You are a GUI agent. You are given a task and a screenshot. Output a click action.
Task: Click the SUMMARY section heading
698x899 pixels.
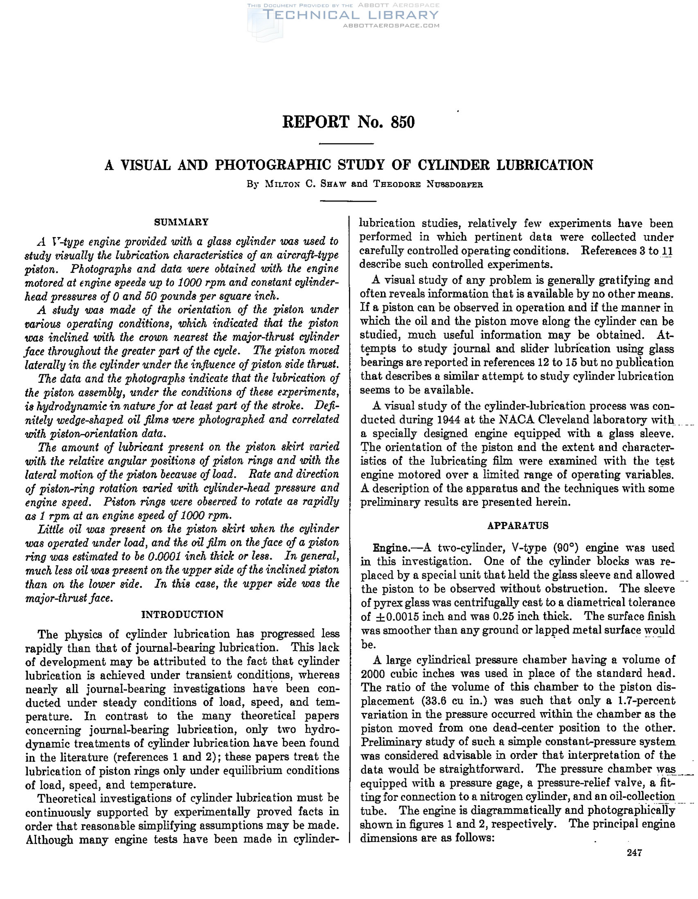[x=181, y=222]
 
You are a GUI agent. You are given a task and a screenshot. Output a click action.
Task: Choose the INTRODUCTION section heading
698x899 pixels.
[x=182, y=615]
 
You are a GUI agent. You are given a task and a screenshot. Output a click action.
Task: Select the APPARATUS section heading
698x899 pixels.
[x=518, y=526]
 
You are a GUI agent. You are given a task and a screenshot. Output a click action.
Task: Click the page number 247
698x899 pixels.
[x=634, y=852]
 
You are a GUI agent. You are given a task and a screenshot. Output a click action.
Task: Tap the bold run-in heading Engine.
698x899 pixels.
[x=391, y=548]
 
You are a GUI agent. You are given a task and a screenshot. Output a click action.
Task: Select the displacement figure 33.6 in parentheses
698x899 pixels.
[x=437, y=701]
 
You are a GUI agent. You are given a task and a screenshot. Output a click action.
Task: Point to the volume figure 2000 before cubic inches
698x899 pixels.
[x=374, y=673]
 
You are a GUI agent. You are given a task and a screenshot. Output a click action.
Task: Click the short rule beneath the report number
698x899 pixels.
[x=347, y=144]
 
